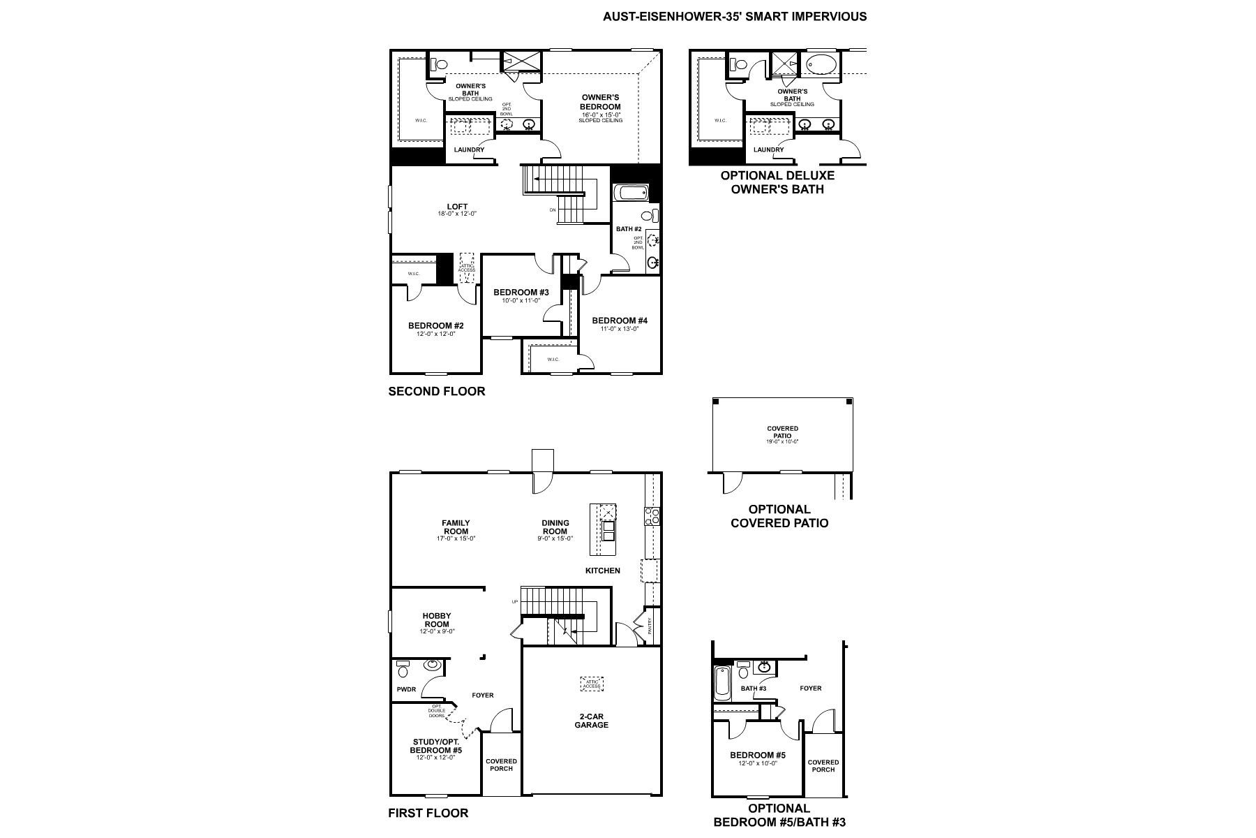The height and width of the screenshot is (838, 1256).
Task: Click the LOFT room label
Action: tap(457, 207)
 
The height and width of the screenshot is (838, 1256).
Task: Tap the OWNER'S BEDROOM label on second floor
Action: tap(600, 102)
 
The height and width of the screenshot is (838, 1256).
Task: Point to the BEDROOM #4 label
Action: tap(620, 321)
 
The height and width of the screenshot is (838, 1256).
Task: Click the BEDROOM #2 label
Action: tap(435, 325)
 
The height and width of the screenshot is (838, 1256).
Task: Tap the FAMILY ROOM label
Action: tap(456, 527)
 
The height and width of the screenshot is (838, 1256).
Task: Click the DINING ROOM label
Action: tap(555, 527)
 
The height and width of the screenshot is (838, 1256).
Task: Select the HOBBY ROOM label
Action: tap(437, 620)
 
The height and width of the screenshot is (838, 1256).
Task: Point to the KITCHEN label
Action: tap(602, 571)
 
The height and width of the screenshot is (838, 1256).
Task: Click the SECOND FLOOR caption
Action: tap(436, 391)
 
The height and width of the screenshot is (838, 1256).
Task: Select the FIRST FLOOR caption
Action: tap(428, 812)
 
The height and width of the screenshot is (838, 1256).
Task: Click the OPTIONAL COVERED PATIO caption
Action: tap(779, 516)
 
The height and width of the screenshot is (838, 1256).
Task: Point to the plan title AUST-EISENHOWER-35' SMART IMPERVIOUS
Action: tap(735, 16)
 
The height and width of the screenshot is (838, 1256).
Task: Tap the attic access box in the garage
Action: tap(592, 684)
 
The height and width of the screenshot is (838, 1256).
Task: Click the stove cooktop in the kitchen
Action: tap(652, 516)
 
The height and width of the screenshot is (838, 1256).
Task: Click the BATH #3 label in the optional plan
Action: tap(753, 689)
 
